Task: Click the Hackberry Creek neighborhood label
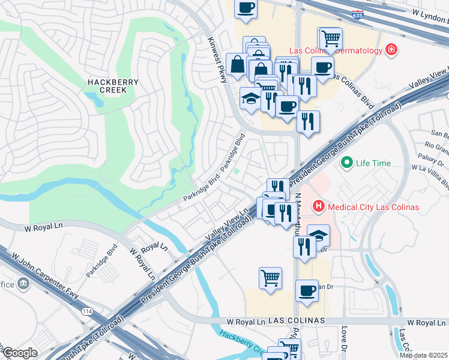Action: [x=113, y=86]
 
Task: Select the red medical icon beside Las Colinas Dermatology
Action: [x=391, y=50]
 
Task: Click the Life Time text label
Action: [x=373, y=163]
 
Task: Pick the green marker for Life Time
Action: [x=346, y=163]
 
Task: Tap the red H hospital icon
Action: [x=318, y=207]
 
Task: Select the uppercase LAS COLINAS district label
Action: [x=297, y=321]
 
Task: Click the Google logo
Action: [x=20, y=353]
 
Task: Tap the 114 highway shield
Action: [x=86, y=311]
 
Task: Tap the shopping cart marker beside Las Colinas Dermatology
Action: [x=330, y=38]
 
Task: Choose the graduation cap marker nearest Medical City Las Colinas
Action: [x=318, y=235]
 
